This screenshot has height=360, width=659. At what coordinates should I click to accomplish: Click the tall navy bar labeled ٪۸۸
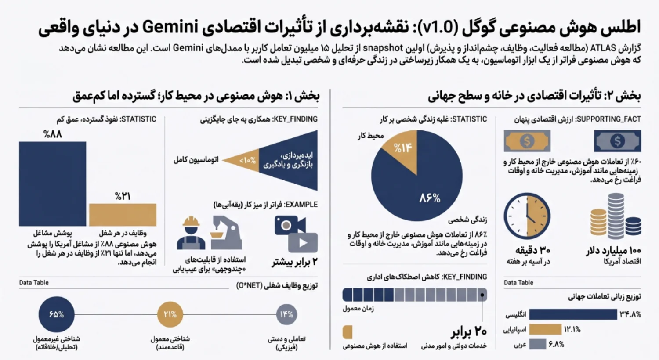click(53, 184)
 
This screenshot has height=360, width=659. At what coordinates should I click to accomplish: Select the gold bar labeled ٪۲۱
click(123, 215)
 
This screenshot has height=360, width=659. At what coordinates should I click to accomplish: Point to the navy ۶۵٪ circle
click(56, 314)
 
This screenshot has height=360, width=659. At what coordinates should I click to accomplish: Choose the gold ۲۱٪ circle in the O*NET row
click(170, 314)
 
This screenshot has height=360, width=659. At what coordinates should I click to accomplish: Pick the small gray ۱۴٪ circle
click(286, 314)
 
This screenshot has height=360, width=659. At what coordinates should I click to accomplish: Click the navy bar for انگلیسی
click(573, 314)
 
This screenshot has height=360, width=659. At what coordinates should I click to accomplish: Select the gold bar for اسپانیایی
click(545, 329)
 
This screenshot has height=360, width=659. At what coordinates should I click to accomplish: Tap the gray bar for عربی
click(537, 344)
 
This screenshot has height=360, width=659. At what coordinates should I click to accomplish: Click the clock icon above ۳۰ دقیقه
click(527, 216)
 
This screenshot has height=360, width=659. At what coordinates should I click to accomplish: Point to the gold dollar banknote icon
click(527, 141)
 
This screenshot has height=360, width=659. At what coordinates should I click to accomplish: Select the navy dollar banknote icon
click(618, 141)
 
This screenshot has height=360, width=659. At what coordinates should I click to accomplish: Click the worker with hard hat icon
click(191, 233)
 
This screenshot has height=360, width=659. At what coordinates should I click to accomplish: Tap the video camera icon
click(290, 225)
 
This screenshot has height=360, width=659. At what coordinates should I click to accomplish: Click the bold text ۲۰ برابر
click(469, 332)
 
